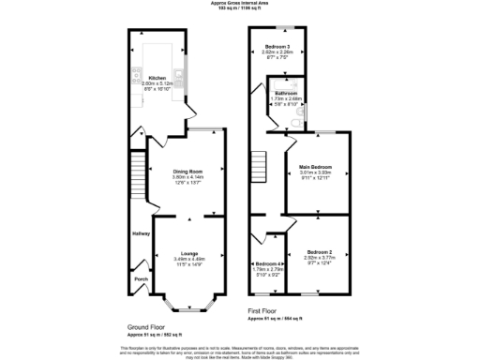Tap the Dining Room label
[x=187, y=172]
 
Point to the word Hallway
[x=141, y=233]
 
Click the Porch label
[x=142, y=278]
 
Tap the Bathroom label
[x=284, y=94]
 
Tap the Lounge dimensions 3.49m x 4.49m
[x=187, y=259]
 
